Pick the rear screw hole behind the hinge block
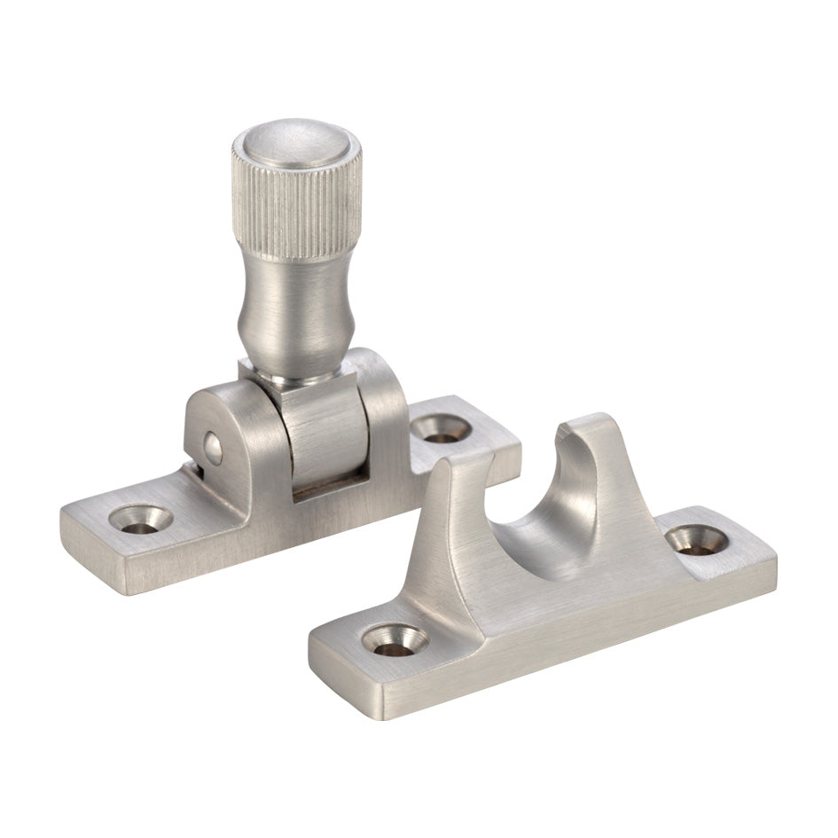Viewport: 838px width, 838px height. tap(442, 428)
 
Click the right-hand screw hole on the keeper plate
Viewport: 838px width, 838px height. tap(696, 539)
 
